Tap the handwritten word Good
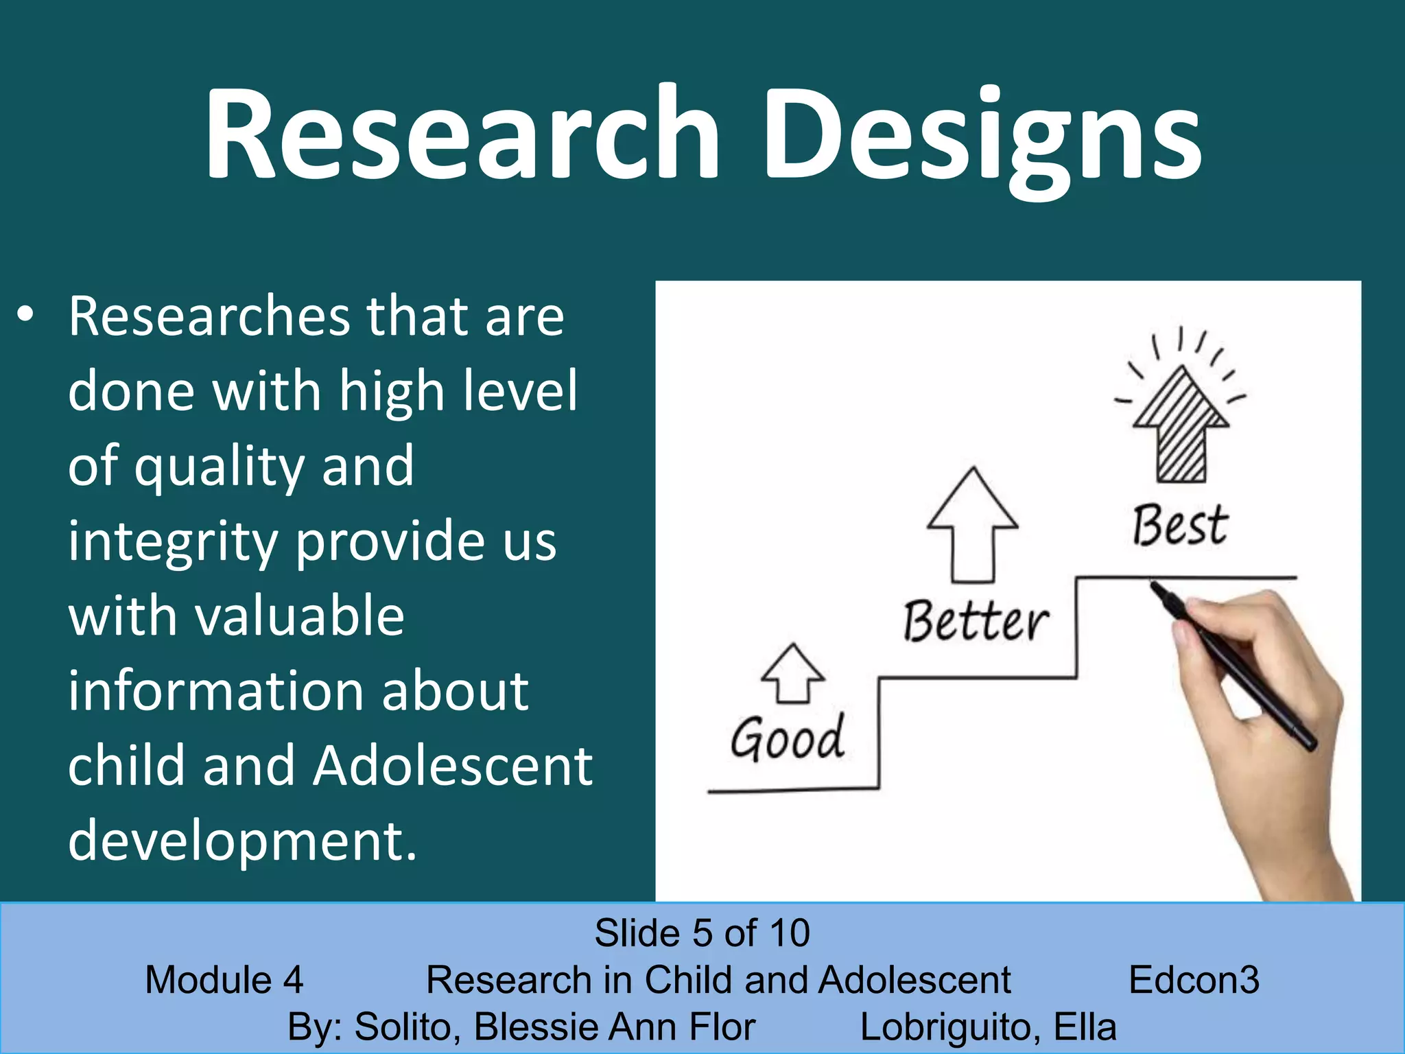pos(787,738)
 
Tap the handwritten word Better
pos(975,621)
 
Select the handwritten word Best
pos(1179,526)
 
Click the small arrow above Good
pos(792,674)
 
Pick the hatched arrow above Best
pos(1181,425)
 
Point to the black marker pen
pos(1235,666)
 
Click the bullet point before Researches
pos(25,316)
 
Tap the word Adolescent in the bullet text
pos(453,766)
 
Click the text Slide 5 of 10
pos(702,933)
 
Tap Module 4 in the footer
pos(224,980)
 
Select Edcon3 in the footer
pos(1194,980)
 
